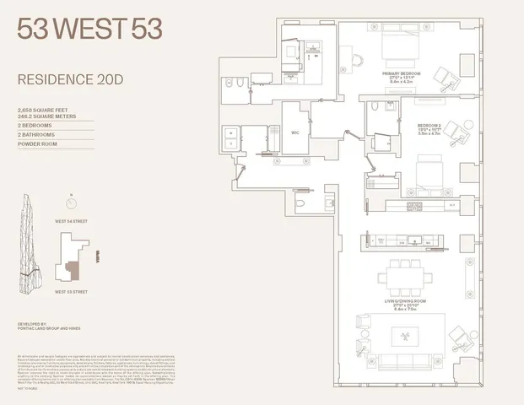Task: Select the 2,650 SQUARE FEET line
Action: pyautogui.click(x=43, y=110)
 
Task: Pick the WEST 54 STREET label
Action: pyautogui.click(x=72, y=220)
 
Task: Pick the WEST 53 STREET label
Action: pyautogui.click(x=72, y=292)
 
